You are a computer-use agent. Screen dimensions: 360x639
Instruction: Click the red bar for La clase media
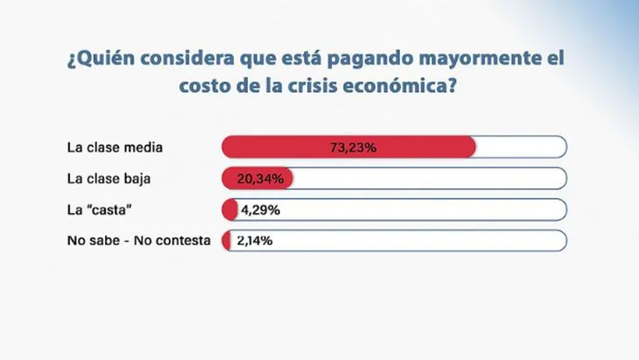click(348, 147)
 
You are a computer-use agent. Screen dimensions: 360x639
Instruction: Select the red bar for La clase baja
click(257, 179)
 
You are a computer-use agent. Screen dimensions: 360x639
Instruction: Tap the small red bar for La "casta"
click(230, 210)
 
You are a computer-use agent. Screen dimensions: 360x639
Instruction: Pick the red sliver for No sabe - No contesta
click(226, 241)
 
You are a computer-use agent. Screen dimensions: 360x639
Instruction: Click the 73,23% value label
click(353, 147)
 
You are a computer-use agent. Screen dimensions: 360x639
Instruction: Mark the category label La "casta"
click(96, 210)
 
